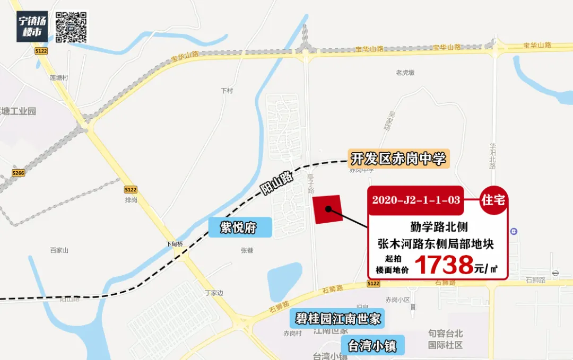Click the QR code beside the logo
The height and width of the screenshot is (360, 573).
(x=71, y=27)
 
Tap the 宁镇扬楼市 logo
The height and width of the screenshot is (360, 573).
(x=33, y=27)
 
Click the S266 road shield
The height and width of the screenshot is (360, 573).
(x=19, y=173)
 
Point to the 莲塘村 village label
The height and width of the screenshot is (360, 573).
(x=59, y=77)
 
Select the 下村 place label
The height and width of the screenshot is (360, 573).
(x=227, y=91)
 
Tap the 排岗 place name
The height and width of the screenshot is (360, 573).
(x=131, y=200)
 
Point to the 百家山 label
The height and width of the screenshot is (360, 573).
(x=59, y=250)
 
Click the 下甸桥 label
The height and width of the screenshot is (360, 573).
(x=174, y=244)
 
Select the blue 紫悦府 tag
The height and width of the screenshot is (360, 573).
(x=239, y=228)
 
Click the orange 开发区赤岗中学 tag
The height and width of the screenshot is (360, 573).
(x=398, y=159)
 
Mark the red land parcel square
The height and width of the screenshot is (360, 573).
(x=327, y=209)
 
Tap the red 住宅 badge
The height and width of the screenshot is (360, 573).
(x=492, y=200)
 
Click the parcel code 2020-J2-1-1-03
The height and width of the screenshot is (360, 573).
(x=416, y=200)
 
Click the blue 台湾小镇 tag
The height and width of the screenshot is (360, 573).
(x=372, y=346)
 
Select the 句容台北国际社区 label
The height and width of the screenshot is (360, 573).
(x=446, y=339)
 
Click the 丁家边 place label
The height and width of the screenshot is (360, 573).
(x=214, y=293)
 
